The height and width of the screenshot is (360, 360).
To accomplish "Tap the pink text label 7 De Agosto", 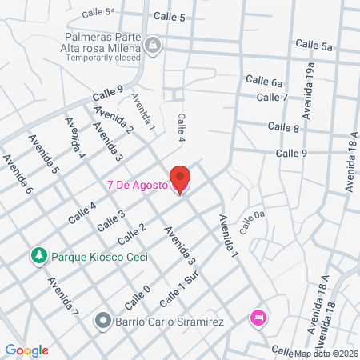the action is [x=138, y=186].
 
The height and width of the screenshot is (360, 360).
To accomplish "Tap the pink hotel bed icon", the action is [x=258, y=318].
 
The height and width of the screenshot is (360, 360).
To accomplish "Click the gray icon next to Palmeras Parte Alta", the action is [x=153, y=45].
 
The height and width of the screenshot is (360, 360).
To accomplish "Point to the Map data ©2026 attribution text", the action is [x=323, y=354].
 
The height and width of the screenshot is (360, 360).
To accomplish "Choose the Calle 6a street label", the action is [x=264, y=81].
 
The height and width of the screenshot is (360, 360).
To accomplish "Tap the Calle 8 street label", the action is [x=283, y=127].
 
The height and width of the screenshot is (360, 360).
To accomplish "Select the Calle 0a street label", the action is [x=252, y=219].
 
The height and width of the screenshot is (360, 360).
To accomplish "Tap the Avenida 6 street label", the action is [x=17, y=175].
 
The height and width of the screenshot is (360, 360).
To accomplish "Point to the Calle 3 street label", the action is [x=111, y=221].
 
